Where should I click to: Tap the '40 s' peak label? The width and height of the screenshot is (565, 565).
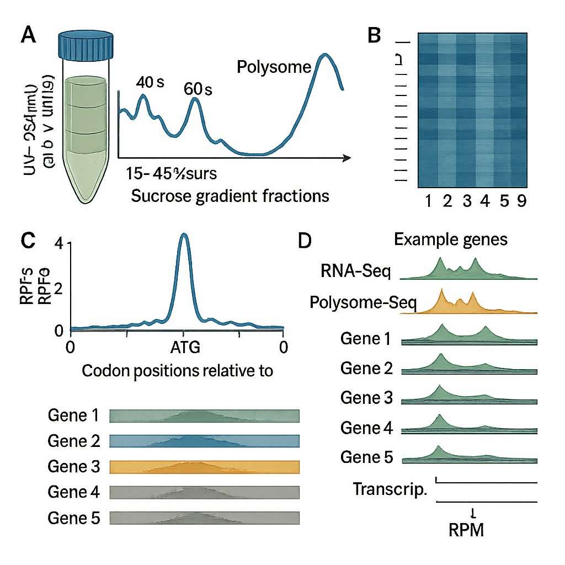coord(150,82)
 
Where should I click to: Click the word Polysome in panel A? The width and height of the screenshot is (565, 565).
coord(274,67)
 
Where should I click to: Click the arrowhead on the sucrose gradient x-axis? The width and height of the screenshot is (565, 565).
coord(346,158)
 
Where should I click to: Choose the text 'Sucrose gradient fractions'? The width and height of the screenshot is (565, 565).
coord(230,195)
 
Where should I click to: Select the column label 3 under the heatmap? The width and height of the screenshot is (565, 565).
coord(467,201)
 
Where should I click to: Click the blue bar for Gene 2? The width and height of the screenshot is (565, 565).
coord(205,441)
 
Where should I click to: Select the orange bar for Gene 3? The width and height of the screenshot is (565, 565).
coord(205,467)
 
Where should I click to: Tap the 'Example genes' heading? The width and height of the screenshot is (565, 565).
coord(450,240)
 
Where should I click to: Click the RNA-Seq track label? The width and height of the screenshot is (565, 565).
coord(356,271)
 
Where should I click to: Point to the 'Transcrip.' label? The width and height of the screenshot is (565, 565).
coord(390,489)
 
